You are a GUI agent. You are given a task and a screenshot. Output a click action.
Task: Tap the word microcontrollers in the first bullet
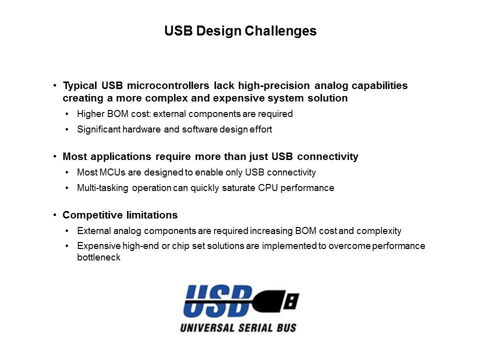168,85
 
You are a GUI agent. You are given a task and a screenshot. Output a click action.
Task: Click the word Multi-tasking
102,188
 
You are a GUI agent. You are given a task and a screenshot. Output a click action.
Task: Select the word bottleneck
98,257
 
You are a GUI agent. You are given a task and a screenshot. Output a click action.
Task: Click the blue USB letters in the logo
218,300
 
